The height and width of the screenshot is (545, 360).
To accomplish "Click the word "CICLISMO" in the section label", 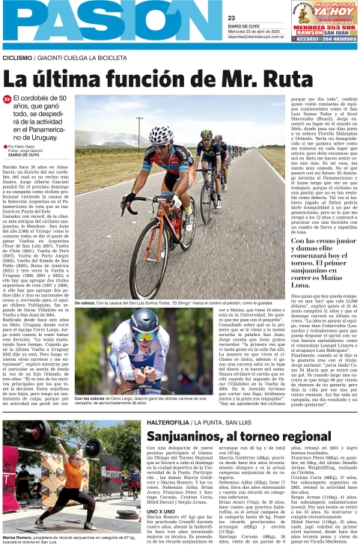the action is pyautogui.click(x=18, y=57).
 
